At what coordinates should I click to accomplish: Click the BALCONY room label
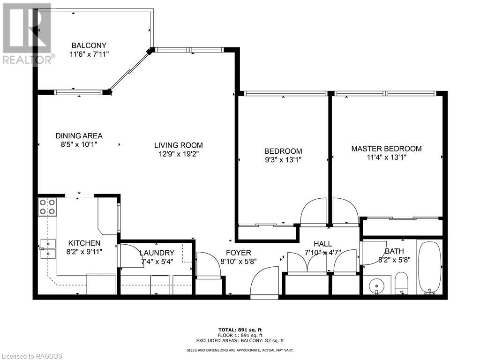click(x=89, y=45)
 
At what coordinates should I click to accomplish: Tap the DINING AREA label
click(x=79, y=136)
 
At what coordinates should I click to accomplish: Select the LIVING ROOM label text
click(x=180, y=145)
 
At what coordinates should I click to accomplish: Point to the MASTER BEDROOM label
click(x=386, y=149)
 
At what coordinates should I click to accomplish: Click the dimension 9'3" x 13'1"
click(x=283, y=159)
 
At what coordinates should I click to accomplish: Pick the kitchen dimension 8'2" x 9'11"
click(x=84, y=251)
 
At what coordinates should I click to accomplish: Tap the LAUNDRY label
click(x=157, y=253)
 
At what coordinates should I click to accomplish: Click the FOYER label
click(x=239, y=253)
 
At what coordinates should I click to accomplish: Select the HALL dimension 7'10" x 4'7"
click(x=322, y=252)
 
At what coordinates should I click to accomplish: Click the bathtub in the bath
click(x=429, y=268)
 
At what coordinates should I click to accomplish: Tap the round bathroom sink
click(x=376, y=285)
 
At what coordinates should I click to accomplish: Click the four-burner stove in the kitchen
click(x=48, y=207)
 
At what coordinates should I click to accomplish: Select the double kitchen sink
click(x=47, y=248)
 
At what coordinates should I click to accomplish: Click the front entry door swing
click(x=264, y=283)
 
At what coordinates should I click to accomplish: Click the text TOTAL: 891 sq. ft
click(x=240, y=330)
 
